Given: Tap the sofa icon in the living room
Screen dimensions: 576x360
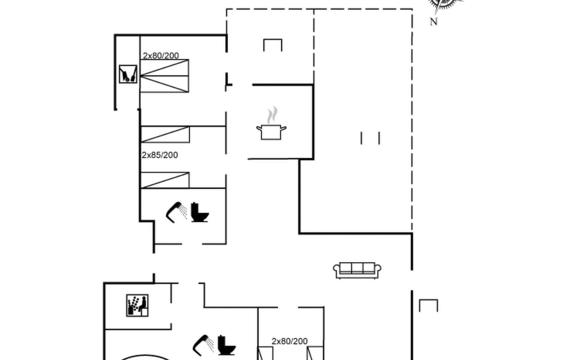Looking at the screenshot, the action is [357, 271].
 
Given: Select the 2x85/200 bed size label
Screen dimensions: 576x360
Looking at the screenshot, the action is [160, 155].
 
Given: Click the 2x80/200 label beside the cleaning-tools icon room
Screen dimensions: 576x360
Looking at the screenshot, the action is [161, 55].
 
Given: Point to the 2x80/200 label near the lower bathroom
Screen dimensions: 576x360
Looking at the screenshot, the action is [289, 341].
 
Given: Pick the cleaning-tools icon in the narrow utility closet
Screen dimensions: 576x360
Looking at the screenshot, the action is [128, 74].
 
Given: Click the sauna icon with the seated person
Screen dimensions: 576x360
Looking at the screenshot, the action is [137, 305].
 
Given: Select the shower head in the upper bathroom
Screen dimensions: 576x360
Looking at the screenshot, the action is [177, 212].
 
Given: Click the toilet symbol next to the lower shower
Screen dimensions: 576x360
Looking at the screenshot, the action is [226, 345].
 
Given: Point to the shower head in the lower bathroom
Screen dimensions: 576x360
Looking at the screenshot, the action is [203, 345].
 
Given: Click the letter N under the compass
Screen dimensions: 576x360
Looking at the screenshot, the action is [433, 22].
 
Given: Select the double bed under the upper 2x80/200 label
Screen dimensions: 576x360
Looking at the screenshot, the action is [164, 76].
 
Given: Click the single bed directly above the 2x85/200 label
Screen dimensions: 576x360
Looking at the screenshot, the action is [165, 134].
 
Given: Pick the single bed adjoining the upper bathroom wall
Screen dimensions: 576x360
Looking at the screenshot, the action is [165, 180].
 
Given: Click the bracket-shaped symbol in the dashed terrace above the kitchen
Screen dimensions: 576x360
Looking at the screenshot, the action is [273, 45].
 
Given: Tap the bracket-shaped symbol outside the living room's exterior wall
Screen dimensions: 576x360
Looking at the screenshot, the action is [428, 305].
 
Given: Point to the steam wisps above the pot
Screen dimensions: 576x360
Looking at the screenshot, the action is [272, 115].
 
